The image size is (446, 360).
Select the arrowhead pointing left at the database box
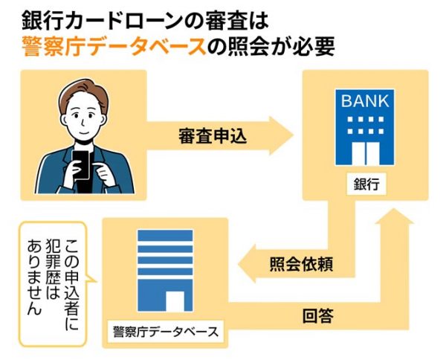click(246, 265)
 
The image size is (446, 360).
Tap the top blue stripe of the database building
click(164, 233)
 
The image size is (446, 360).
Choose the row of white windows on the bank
click(365, 123)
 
